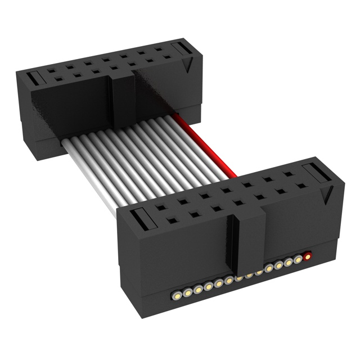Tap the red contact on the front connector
pyautogui.click(x=308, y=258)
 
